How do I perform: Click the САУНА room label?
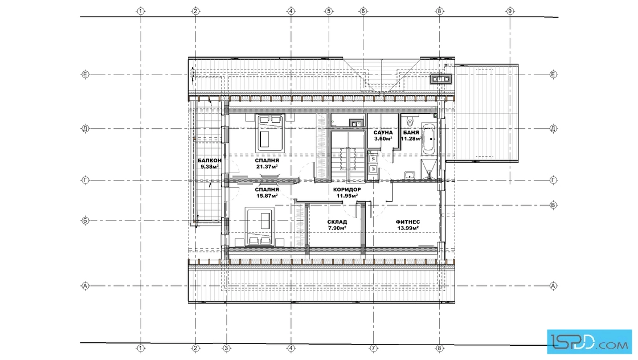coord(383,133)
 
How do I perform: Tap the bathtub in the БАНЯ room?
coord(428,139)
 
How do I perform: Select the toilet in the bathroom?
coord(410,120)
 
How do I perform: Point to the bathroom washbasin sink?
coord(410,175)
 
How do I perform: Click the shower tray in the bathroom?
coord(428,169)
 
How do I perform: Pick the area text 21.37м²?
coord(267,166)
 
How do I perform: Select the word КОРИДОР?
coord(347,190)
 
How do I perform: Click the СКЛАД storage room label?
coord(337,222)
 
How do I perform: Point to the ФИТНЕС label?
coord(408,222)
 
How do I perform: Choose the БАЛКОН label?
coord(210,160)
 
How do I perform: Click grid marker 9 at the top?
coord(510,11)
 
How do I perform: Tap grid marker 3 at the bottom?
coord(227,348)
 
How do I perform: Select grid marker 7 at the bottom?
coord(374,348)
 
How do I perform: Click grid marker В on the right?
coord(553,205)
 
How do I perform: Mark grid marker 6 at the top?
coord(363,11)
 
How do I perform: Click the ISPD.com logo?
coord(589,341)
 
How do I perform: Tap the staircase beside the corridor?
coord(347,156)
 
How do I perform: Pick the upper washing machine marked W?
coord(373,159)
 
